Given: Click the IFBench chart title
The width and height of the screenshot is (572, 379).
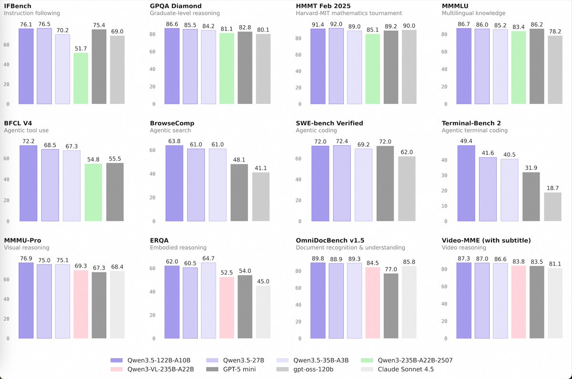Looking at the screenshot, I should (x=18, y=6).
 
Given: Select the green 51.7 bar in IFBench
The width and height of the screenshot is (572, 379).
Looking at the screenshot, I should (x=81, y=79).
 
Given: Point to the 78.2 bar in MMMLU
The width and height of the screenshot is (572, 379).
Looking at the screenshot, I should (x=555, y=70).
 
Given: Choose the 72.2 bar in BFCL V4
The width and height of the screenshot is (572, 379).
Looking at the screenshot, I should (x=29, y=184).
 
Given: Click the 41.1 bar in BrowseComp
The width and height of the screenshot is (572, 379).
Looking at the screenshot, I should (x=261, y=197).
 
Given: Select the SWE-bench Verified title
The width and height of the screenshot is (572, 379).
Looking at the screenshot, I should (x=329, y=123).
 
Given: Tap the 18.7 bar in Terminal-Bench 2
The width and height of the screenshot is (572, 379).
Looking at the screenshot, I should (x=553, y=207).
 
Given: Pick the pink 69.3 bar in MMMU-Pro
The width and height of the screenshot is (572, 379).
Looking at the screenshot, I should (x=81, y=305).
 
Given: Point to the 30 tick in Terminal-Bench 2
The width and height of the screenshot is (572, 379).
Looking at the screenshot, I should (x=444, y=175).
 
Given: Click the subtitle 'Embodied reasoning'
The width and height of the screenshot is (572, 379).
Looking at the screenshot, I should (x=178, y=247).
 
